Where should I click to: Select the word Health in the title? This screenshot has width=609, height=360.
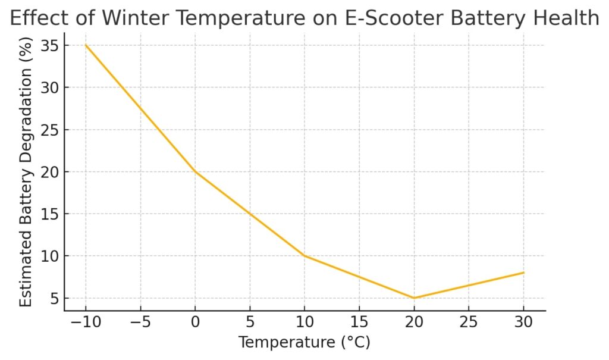566,18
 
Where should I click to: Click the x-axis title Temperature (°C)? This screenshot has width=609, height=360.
304,343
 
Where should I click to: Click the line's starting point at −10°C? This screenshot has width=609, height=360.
86,45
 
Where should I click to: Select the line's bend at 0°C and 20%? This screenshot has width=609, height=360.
195,172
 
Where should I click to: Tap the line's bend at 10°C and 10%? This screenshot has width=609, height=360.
304,256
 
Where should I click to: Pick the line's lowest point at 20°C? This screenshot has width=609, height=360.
414,298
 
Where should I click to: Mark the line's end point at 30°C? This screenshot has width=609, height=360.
523,273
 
